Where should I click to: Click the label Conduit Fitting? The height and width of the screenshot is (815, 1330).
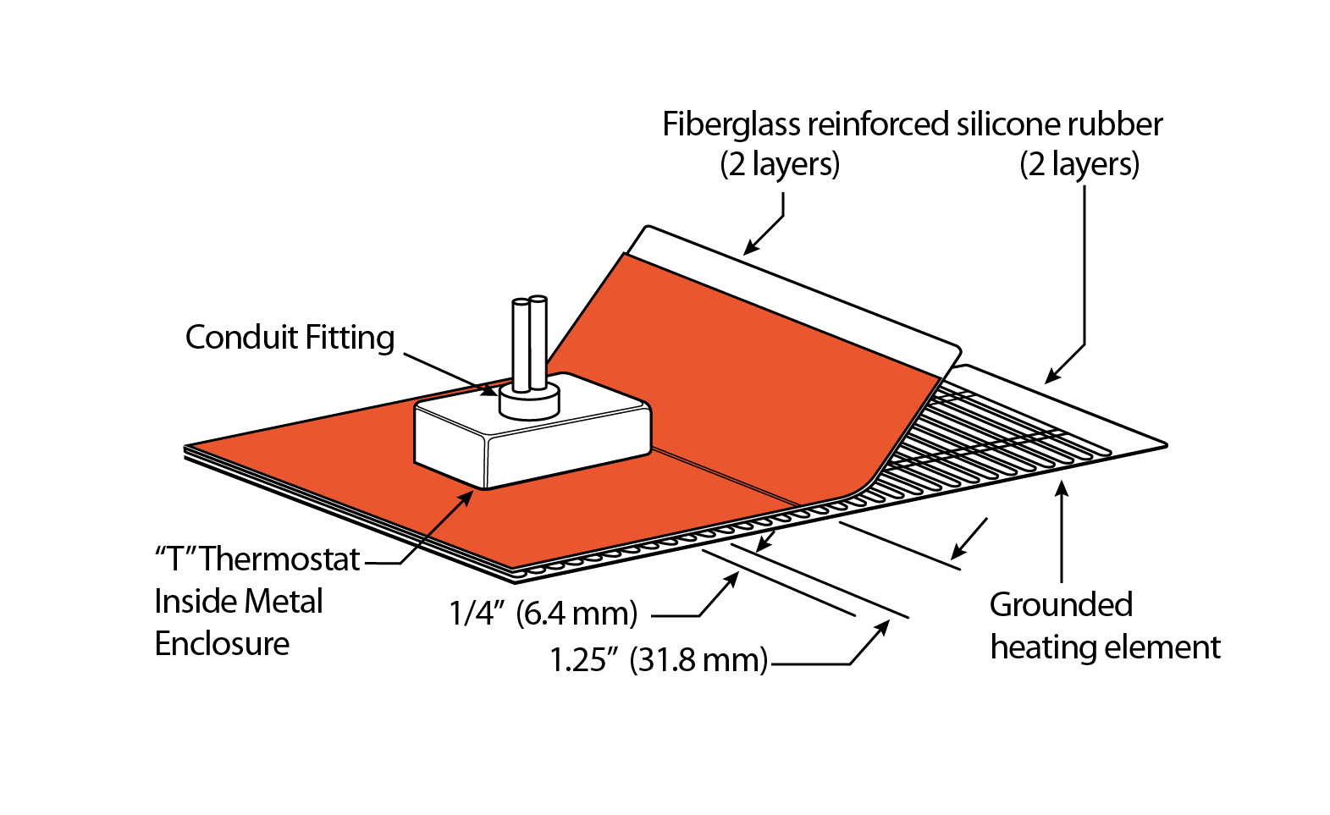click(290, 338)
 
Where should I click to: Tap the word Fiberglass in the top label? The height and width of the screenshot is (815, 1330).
click(731, 125)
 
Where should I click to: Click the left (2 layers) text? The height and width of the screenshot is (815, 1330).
click(780, 164)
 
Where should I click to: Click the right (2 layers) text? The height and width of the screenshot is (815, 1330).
click(1079, 164)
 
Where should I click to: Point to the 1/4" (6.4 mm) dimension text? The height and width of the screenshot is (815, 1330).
click(543, 613)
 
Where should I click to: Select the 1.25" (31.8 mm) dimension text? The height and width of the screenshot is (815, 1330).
click(659, 659)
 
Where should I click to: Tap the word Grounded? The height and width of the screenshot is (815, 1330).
click(1061, 605)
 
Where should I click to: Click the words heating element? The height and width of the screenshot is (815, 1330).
click(1105, 647)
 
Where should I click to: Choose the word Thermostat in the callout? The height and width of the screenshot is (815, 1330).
click(279, 559)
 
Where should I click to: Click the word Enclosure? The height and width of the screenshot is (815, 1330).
click(222, 644)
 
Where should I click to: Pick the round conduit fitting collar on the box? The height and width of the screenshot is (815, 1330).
click(529, 402)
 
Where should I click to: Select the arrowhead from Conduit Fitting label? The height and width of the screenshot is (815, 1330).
click(490, 390)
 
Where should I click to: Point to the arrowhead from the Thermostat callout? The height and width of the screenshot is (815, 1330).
click(466, 497)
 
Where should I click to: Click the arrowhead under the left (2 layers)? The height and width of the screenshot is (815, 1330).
click(750, 247)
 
